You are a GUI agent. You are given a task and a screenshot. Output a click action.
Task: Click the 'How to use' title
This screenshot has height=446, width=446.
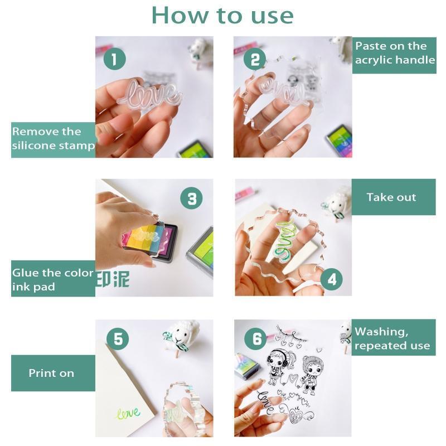click(x=222, y=16)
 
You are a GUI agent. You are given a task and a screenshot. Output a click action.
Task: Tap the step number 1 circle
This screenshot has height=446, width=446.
click(x=114, y=59)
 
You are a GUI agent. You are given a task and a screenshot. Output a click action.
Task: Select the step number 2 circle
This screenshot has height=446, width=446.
click(x=255, y=59)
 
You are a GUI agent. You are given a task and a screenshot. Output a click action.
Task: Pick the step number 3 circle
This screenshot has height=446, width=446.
click(x=191, y=198)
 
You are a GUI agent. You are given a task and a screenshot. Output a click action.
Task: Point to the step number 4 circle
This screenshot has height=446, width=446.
click(x=331, y=279)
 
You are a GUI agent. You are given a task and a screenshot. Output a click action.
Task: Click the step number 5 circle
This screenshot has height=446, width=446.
click(x=118, y=339)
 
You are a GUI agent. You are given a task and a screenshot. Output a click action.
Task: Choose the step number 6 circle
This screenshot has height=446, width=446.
click(x=256, y=338)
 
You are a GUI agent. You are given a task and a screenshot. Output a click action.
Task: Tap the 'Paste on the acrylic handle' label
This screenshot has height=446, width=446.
click(x=394, y=55)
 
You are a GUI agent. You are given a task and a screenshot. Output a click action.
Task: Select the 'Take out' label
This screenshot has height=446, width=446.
click(x=394, y=197)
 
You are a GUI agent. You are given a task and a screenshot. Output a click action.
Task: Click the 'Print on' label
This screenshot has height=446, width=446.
click(x=53, y=373)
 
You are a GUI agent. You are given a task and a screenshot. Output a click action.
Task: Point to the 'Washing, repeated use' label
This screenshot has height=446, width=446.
click(x=394, y=337)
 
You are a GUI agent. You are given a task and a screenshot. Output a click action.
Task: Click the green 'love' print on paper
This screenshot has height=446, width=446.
click(x=129, y=413)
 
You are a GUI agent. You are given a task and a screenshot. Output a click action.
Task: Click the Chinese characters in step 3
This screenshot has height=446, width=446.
click(x=113, y=279)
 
